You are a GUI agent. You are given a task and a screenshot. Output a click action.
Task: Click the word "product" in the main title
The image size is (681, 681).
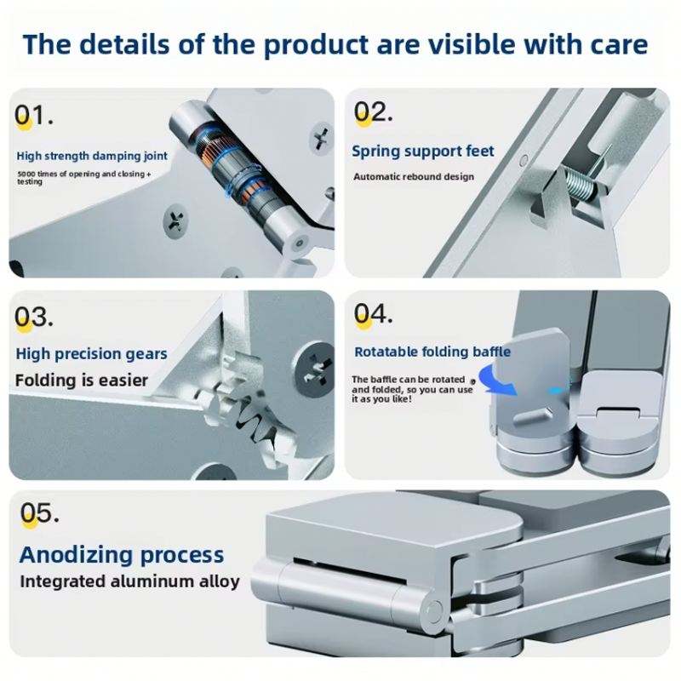pos(316,45)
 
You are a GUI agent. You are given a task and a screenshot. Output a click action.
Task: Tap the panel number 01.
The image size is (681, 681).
pos(33,116)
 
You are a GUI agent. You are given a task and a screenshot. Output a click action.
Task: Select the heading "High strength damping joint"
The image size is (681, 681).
pos(92,156)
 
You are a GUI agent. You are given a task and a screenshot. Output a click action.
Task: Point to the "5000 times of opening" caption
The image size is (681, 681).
pos(83,177)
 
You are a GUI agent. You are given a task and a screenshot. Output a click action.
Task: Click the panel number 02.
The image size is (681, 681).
pos(373,112)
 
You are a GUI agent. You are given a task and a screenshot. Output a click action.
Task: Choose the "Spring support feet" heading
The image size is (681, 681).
pos(422,152)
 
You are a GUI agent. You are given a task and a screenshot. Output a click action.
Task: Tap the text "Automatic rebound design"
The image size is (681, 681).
pos(414,177)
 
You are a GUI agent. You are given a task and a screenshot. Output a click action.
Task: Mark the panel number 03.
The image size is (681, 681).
pos(33,317)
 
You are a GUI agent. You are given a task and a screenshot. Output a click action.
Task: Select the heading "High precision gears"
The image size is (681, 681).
pos(91,354)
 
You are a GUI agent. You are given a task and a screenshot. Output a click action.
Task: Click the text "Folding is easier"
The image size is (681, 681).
pos(81,381)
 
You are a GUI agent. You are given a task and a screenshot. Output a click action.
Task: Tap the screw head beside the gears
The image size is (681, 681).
pos(315,369)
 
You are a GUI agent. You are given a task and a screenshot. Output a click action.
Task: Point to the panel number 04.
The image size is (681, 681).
pos(373,313)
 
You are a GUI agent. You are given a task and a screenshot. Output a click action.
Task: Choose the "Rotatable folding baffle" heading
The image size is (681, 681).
pos(432,352)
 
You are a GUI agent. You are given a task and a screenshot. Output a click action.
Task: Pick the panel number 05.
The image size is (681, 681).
pos(39,513)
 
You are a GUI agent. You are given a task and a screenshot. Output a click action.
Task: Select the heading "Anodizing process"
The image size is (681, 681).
pos(122,555)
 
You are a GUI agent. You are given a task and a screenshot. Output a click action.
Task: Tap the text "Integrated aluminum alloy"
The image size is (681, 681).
pos(129,581)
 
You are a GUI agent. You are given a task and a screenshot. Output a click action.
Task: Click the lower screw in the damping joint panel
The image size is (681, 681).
pos(175,220)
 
